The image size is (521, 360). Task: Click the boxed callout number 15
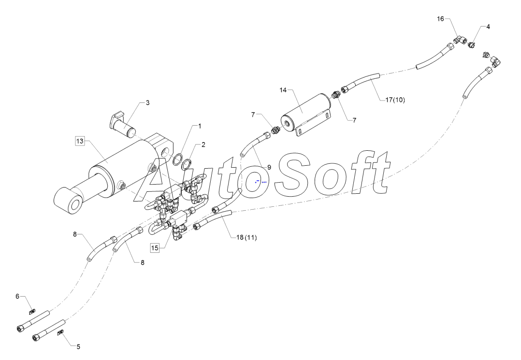click(154, 247)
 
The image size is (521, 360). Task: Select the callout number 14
click(283, 90)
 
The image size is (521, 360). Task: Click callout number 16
click(440, 18)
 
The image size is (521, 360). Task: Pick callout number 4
click(488, 27)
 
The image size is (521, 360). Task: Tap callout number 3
click(147, 102)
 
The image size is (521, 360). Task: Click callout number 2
click(203, 144)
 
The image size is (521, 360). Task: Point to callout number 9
click(269, 167)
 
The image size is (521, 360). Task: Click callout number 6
click(17, 296)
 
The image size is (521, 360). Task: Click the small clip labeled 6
click(32, 311)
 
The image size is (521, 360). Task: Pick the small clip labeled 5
click(61, 332)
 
